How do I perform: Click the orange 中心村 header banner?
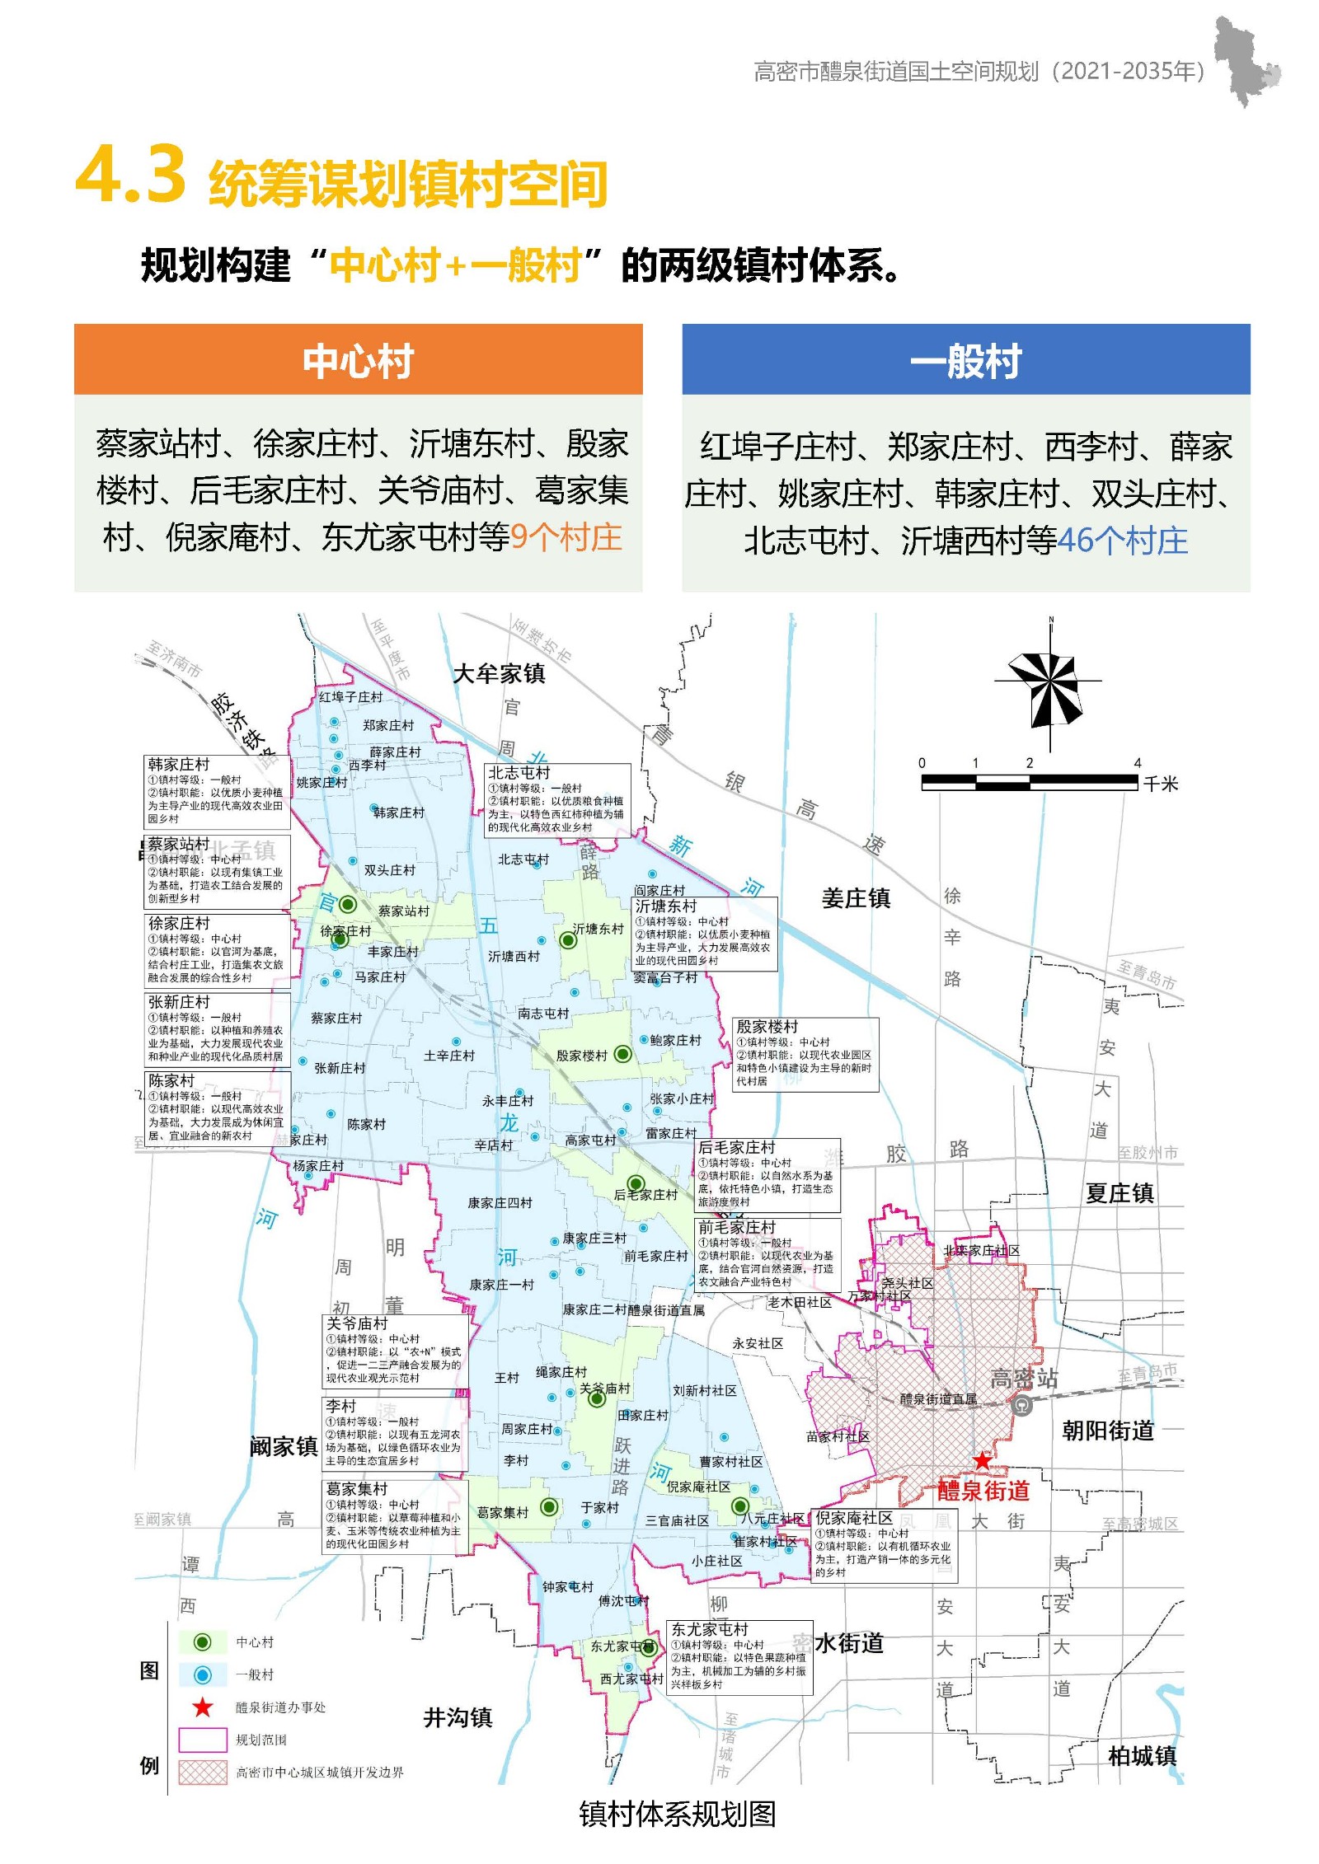pos(358,360)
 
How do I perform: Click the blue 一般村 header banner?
pos(965,360)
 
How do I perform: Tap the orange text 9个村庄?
pos(566,538)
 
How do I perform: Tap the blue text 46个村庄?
pos(1122,541)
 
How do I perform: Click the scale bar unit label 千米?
pos(1160,784)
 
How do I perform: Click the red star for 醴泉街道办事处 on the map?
pos(982,1461)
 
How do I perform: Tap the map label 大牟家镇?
pos(499,674)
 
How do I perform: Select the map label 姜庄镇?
pos(856,898)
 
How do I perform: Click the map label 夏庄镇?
pos(1119,1193)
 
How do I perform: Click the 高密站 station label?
pos(1023,1378)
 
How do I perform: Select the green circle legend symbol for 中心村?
pos(202,1642)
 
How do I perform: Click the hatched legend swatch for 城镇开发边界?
pos(202,1772)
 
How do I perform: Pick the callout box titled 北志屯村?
pos(557,799)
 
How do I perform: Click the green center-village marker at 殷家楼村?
pos(623,1054)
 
